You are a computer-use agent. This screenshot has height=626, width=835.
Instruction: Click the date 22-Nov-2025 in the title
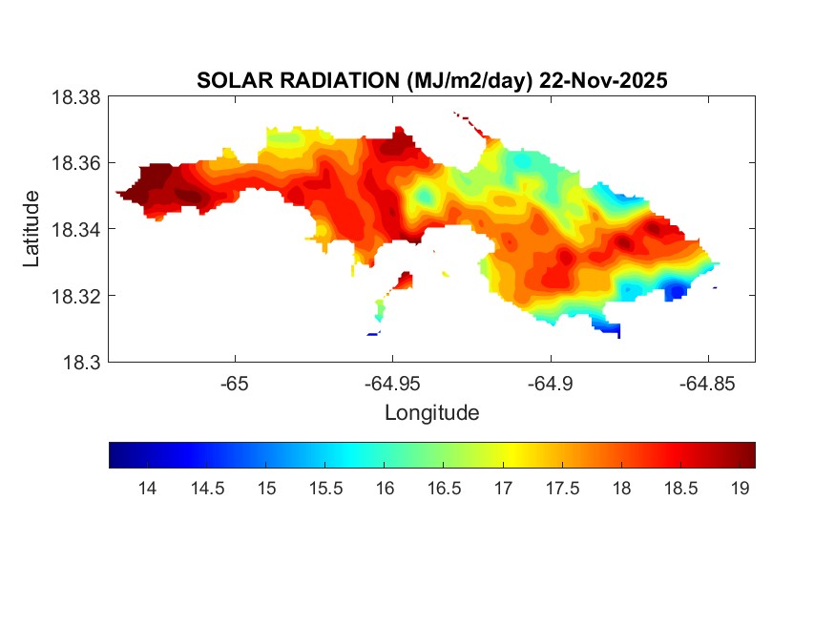603,81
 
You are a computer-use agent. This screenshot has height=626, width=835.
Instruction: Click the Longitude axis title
431,413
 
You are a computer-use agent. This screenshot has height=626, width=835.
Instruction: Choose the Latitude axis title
32,229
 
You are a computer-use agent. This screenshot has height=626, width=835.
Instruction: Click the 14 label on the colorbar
147,489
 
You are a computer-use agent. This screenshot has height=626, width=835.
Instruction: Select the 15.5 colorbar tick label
325,489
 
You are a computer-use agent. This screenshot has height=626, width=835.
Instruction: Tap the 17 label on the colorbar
503,489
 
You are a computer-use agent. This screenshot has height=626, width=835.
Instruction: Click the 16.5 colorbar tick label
444,489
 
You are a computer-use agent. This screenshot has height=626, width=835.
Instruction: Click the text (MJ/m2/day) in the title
462,81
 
